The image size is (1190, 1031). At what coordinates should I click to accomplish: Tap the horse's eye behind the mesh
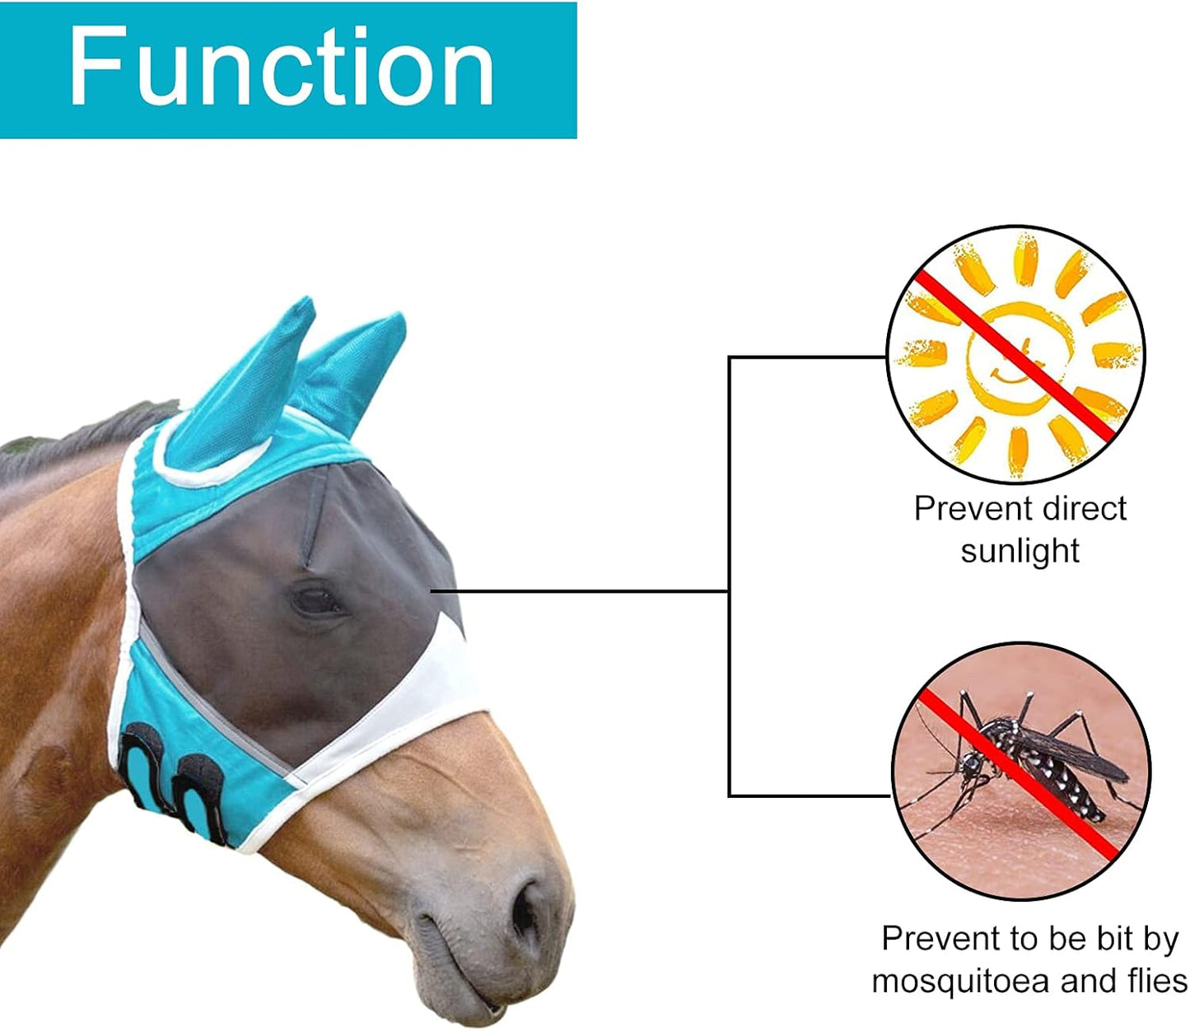pyautogui.click(x=317, y=599)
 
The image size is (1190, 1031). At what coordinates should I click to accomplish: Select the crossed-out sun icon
pyautogui.click(x=1015, y=355)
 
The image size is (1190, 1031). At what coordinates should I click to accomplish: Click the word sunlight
pyautogui.click(x=1020, y=551)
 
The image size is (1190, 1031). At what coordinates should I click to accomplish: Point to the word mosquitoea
pyautogui.click(x=960, y=982)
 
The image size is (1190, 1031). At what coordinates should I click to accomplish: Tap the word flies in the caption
pyautogui.click(x=1156, y=982)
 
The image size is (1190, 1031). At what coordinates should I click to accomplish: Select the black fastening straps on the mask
pyautogui.click(x=173, y=782)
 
